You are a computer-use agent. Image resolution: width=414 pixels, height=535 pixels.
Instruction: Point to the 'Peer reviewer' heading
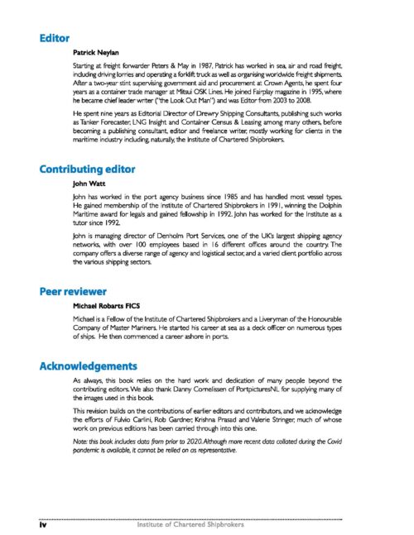click(73, 291)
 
